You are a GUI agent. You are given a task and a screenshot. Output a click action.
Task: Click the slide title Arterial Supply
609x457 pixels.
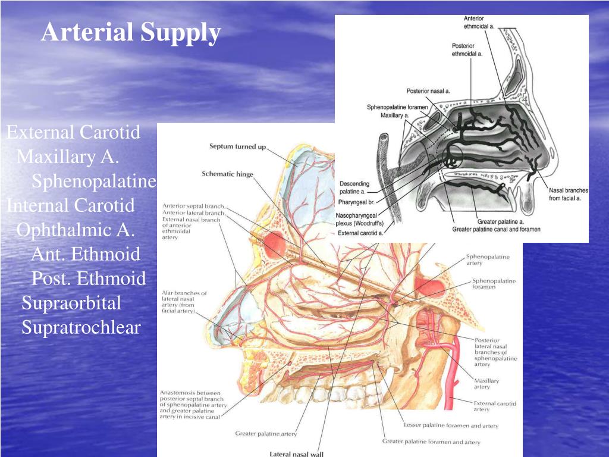[131, 32]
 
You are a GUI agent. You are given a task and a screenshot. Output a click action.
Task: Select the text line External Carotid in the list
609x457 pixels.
[73, 132]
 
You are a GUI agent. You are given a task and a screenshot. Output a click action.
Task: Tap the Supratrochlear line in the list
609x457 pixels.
[81, 327]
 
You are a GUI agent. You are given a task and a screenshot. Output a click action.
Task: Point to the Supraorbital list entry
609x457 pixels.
[71, 303]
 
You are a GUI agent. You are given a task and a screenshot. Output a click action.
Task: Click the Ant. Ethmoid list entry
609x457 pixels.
[86, 254]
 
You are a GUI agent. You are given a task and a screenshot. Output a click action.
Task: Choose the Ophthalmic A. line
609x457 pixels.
[76, 230]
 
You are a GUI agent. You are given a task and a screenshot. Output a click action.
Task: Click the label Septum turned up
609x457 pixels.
[237, 146]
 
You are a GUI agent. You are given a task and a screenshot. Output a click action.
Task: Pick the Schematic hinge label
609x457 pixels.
[227, 174]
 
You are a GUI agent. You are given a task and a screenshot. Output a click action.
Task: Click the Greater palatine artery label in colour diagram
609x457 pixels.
[266, 434]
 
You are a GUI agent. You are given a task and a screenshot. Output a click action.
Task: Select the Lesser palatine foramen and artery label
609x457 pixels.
[451, 425]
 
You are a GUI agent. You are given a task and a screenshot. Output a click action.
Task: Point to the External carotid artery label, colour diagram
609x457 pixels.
[494, 406]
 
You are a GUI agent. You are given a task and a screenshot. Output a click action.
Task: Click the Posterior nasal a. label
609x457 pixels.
[428, 91]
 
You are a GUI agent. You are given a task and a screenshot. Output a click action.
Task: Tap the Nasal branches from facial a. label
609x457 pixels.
[569, 194]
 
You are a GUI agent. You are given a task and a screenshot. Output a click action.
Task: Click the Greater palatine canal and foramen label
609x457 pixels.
[496, 229]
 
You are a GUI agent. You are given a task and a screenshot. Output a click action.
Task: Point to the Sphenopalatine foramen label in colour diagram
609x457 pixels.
[493, 283]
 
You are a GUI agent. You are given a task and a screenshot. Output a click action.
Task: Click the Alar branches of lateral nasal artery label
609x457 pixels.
[184, 302]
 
